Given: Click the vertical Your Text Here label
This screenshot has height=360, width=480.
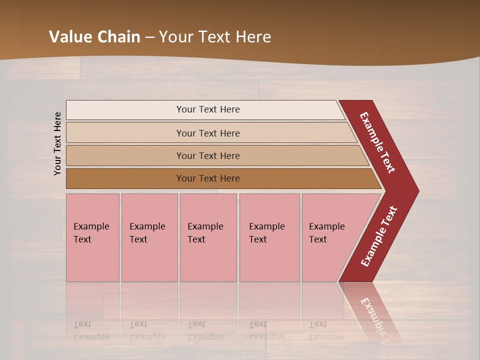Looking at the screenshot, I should pos(57,143).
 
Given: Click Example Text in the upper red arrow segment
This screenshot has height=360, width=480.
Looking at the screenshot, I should pos(377,142).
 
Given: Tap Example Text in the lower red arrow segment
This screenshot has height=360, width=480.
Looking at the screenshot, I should pos(379,236).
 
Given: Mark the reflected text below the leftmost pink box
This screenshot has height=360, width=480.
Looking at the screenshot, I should pos(91,330).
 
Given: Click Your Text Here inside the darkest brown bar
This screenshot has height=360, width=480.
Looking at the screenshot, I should pos(208,178).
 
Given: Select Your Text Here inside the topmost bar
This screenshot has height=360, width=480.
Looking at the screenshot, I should pos(208,109).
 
